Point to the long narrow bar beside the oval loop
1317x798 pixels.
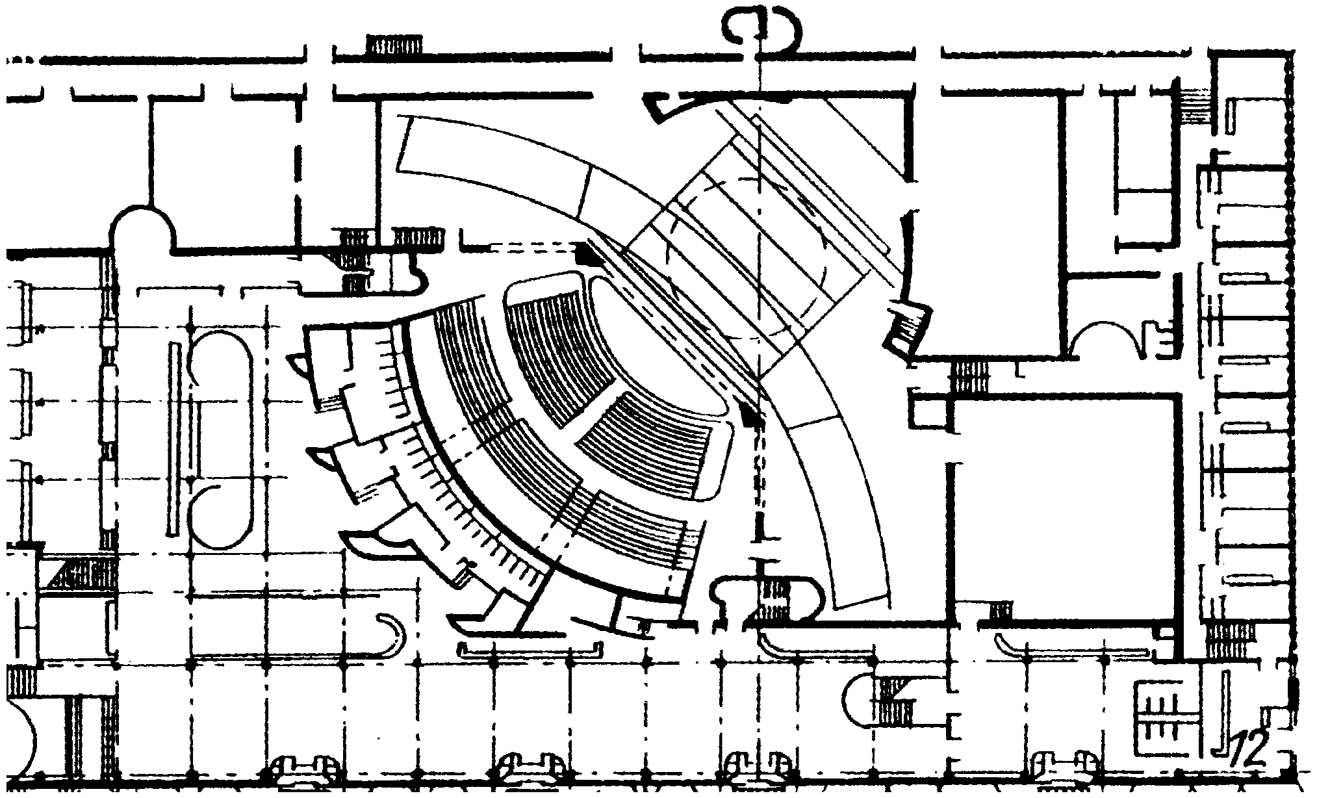pyautogui.click(x=173, y=439)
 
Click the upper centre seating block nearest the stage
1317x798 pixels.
pyautogui.click(x=559, y=351)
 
